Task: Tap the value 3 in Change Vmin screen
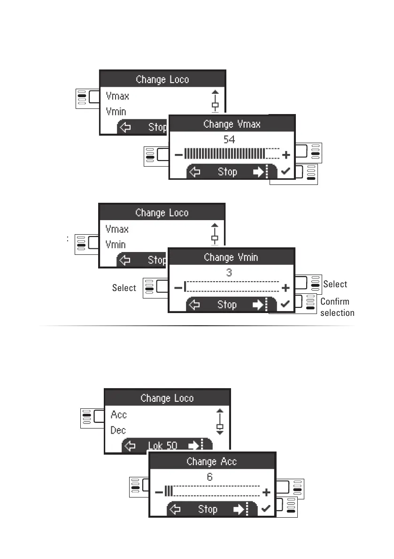pyautogui.click(x=229, y=272)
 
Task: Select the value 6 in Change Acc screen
pyautogui.click(x=210, y=476)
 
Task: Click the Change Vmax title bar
pyautogui.click(x=232, y=124)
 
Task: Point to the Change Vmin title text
pyautogui.click(x=231, y=258)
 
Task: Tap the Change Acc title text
pyautogui.click(x=212, y=462)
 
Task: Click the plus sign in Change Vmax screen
pyautogui.click(x=286, y=154)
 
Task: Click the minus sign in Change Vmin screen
pyautogui.click(x=178, y=288)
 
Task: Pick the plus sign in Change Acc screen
pyautogui.click(x=266, y=492)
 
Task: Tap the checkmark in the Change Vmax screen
pyautogui.click(x=286, y=172)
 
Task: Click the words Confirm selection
pyautogui.click(x=336, y=307)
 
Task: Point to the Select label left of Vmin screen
pyautogui.click(x=124, y=288)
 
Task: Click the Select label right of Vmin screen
pyautogui.click(x=335, y=284)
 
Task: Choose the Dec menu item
pyautogui.click(x=118, y=430)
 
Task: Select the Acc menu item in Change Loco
pyautogui.click(x=119, y=415)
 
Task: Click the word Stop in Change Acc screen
pyautogui.click(x=208, y=509)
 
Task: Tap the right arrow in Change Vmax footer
pyautogui.click(x=258, y=172)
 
